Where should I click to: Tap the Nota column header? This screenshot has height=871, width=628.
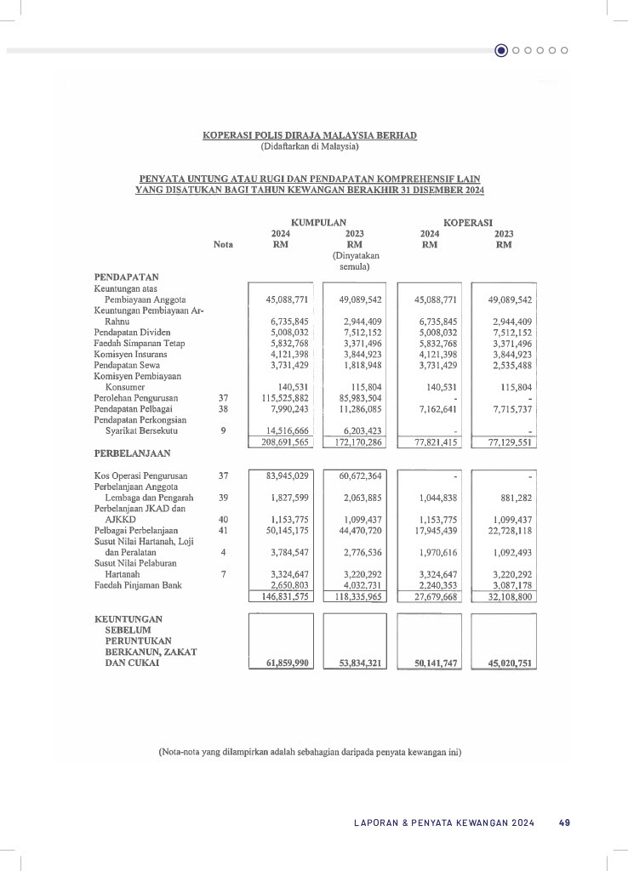coord(223,244)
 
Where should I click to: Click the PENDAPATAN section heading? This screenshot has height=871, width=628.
coord(126,276)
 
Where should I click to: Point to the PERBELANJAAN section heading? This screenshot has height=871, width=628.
coord(132,453)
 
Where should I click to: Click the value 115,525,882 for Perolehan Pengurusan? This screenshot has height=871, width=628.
coord(285,396)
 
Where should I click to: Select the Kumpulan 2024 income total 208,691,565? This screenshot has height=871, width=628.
coord(285,443)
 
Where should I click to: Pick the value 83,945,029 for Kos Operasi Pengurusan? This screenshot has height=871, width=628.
coord(287,475)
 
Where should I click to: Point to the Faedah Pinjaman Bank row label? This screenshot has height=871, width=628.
coord(137,585)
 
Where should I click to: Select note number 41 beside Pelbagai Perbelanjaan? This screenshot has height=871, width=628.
coord(223,530)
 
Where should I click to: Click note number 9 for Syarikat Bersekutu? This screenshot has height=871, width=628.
coord(223,430)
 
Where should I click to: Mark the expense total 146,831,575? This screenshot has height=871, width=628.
coord(285,597)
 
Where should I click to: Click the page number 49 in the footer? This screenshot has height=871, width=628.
coord(564,823)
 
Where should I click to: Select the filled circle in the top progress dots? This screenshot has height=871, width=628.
coord(501,50)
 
